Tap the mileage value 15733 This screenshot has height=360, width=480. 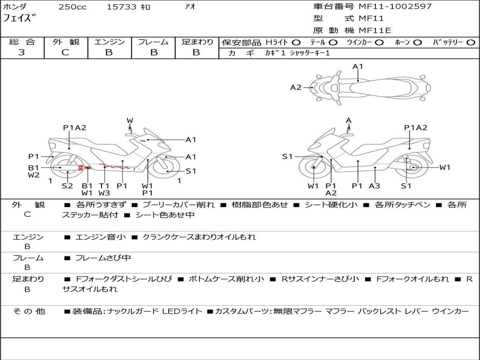121,7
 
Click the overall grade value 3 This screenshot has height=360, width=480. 22,52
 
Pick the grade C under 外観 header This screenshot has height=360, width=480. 65,52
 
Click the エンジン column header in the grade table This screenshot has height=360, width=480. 109,42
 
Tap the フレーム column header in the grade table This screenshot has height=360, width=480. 153,42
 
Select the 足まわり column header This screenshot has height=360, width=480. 197,42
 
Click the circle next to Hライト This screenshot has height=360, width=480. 296,42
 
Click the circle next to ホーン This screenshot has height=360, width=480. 418,42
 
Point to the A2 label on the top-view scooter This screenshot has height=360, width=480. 295,87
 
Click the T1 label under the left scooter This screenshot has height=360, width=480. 104,186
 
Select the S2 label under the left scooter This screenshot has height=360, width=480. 67,186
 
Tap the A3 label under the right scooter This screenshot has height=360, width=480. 374,186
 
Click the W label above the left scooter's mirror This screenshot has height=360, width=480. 130,120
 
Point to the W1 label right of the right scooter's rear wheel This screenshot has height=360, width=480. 444,167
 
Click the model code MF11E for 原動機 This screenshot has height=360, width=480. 375,30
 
